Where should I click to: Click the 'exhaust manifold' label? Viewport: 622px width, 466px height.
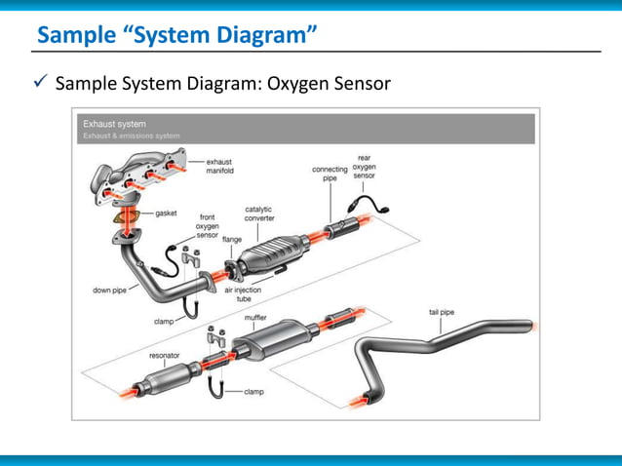(x=219, y=166)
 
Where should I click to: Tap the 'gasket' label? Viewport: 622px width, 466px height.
(x=165, y=212)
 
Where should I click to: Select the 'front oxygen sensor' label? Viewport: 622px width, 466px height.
(x=208, y=226)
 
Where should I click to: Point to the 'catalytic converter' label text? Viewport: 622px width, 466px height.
(x=258, y=214)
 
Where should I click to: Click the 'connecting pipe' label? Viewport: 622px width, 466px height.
(x=330, y=175)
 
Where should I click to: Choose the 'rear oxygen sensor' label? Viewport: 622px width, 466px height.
(x=365, y=167)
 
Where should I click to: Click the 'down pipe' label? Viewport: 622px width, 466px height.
(x=107, y=290)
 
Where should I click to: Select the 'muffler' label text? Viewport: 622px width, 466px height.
(x=255, y=317)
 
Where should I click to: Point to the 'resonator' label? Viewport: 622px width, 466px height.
(x=164, y=356)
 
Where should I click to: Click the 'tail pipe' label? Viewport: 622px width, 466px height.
(x=442, y=312)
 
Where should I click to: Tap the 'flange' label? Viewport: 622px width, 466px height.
(x=232, y=239)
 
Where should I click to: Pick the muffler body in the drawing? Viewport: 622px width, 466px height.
(x=281, y=339)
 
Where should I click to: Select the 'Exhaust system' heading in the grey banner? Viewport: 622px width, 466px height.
(x=114, y=124)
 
